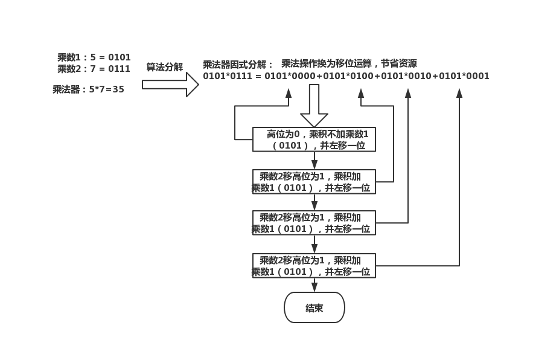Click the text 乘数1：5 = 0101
click(94, 57)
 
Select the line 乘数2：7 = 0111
click(94, 69)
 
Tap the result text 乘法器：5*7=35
click(88, 89)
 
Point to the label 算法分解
click(164, 67)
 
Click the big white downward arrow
click(314, 106)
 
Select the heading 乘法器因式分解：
click(238, 65)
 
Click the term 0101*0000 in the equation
click(289, 76)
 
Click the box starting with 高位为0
click(314, 140)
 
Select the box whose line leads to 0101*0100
click(314, 182)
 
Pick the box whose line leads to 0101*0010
click(314, 223)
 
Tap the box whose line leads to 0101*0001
click(314, 266)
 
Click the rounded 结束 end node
click(314, 308)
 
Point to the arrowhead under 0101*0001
click(459, 92)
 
